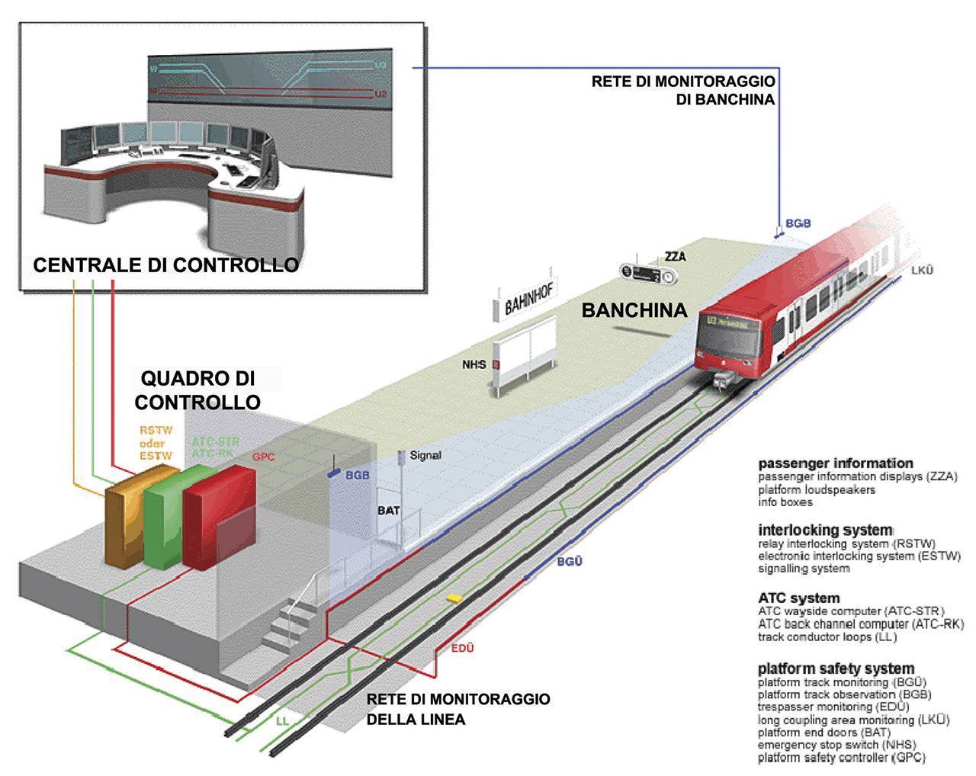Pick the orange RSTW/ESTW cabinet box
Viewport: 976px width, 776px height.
coord(126,526)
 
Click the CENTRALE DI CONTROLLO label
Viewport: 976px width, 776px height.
coord(165,265)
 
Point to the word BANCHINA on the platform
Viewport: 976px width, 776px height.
coord(634,310)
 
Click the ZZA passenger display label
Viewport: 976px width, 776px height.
coord(676,257)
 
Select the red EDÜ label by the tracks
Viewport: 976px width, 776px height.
coord(462,648)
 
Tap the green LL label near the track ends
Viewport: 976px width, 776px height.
coord(282,720)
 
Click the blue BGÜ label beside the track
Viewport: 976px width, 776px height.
coord(570,562)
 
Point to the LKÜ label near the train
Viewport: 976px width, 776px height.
coord(922,271)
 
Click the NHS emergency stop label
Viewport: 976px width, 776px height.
coord(474,365)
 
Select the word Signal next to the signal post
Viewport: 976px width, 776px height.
coord(425,455)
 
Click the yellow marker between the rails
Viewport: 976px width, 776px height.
coord(454,598)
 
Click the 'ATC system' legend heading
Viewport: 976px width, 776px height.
coord(798,598)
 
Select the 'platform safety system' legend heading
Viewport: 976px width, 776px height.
coord(836,669)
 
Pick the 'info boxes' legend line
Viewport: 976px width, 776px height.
coord(785,502)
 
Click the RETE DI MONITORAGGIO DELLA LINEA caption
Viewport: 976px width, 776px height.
coord(457,709)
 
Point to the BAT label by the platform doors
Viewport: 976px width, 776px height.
coord(388,511)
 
